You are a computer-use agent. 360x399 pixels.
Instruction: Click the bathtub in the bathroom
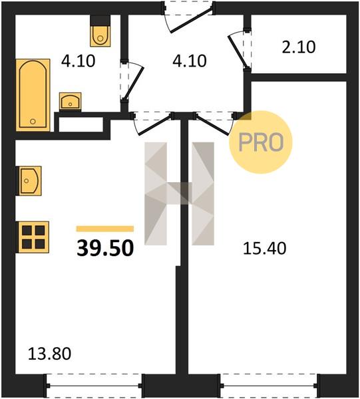[x=33, y=95]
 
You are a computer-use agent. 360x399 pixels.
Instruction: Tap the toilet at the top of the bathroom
[x=100, y=31]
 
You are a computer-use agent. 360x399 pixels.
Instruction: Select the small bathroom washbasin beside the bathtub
[x=71, y=101]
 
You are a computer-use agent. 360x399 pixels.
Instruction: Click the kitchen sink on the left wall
[x=29, y=181]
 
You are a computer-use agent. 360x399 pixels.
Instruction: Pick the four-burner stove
[x=33, y=237]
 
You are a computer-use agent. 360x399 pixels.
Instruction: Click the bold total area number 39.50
[x=105, y=248]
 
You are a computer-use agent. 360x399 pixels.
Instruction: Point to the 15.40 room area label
[x=265, y=248]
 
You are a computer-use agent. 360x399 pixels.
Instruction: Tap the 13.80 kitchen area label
[x=49, y=354]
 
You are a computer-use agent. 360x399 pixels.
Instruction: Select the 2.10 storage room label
[x=299, y=47]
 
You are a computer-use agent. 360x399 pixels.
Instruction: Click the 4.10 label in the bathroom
[x=78, y=61]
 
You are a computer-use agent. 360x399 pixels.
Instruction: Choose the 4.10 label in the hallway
[x=190, y=61]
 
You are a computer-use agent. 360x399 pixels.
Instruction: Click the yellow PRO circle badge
[x=260, y=142]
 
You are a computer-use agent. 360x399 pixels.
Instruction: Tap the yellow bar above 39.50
[x=105, y=229]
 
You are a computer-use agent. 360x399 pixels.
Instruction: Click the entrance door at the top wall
[x=192, y=20]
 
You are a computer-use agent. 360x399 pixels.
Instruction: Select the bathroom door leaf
[x=134, y=83]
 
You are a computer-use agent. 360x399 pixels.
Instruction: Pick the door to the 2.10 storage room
[x=238, y=52]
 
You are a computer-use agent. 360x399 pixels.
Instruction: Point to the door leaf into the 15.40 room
[x=212, y=125]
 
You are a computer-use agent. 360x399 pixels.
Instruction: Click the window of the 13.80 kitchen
[x=94, y=386]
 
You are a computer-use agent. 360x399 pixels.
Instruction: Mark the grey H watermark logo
[x=179, y=194]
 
